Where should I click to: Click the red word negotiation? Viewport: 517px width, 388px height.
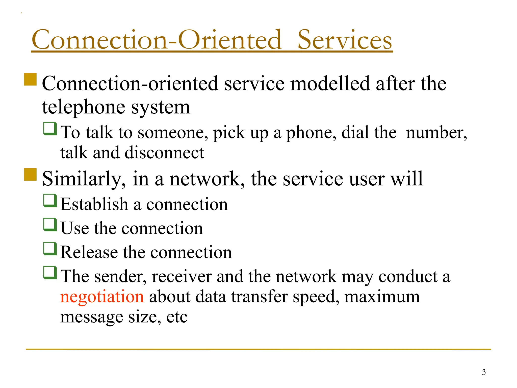(x=102, y=297)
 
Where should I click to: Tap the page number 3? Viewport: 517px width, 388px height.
(x=484, y=372)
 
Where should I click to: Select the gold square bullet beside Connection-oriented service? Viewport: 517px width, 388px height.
(x=30, y=80)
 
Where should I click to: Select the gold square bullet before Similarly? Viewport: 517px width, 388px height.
(x=30, y=175)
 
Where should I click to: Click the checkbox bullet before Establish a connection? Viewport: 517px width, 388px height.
(x=50, y=201)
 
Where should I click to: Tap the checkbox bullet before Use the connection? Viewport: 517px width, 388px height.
(x=50, y=225)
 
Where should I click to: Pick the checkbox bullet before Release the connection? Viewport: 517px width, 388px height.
(x=50, y=249)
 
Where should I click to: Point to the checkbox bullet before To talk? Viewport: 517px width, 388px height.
(x=50, y=129)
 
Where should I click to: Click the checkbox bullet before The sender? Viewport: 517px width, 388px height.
(x=50, y=273)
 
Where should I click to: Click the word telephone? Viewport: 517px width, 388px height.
(x=83, y=107)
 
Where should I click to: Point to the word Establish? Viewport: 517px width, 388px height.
(x=94, y=204)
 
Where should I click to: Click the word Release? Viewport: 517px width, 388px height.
(x=89, y=252)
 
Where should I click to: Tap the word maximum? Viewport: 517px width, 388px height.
(x=382, y=297)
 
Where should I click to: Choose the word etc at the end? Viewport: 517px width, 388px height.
(x=177, y=317)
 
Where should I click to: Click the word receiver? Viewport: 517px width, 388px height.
(x=182, y=276)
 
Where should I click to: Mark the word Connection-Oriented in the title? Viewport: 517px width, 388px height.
(x=156, y=40)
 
